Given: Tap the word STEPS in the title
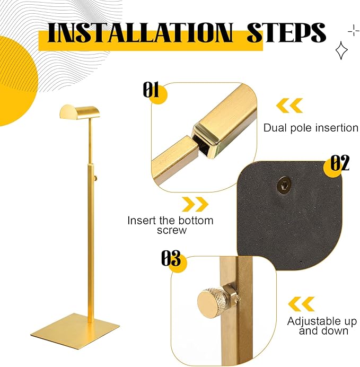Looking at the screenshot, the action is (286, 32).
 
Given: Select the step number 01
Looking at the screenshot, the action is (151, 90).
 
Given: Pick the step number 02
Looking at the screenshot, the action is (340, 163).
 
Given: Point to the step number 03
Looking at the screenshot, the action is (171, 258).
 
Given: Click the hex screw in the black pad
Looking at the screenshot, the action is (284, 184).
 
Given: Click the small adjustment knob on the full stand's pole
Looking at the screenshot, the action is (95, 179).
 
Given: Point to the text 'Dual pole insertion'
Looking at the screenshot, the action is (311, 128).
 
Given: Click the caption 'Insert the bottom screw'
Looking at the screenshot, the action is (171, 225).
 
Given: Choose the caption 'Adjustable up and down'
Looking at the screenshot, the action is (322, 326).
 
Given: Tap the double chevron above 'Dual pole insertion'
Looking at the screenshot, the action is (289, 106).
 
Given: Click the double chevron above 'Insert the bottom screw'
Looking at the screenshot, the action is (195, 204).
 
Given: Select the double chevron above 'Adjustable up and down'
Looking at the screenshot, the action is (301, 304).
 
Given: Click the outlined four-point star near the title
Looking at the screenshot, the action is (341, 50).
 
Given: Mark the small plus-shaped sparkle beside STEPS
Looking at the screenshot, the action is (354, 31).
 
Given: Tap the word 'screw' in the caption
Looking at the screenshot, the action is (172, 231).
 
